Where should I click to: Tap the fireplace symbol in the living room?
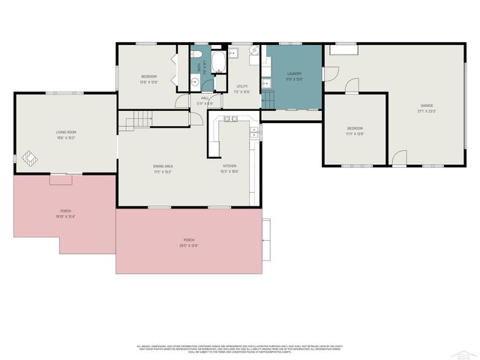(x=28, y=159)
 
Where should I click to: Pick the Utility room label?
(x=241, y=86)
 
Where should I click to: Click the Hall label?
(x=205, y=97)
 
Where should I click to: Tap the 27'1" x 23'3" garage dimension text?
(x=426, y=112)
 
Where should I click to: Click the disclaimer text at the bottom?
(x=240, y=349)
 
